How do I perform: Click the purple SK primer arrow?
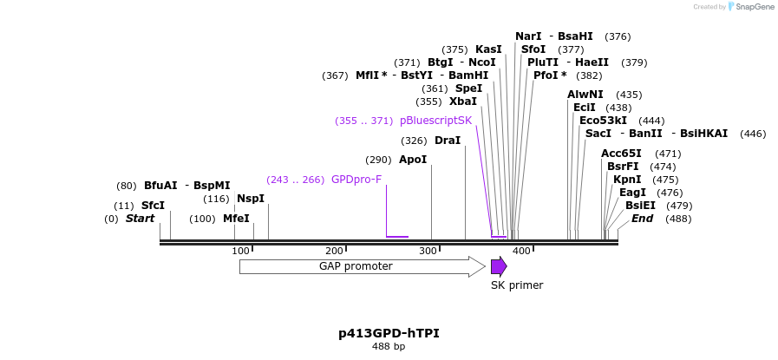pyautogui.click(x=499, y=266)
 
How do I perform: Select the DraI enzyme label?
pyautogui.click(x=448, y=141)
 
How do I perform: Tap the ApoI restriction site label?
pyautogui.click(x=413, y=160)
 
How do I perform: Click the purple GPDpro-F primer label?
pyautogui.click(x=356, y=180)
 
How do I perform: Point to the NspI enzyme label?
pyautogui.click(x=251, y=199)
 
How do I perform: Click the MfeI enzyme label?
pyautogui.click(x=236, y=219)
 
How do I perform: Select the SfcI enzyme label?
pyautogui.click(x=153, y=206)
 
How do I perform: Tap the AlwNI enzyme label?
pyautogui.click(x=585, y=95)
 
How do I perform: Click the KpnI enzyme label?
pyautogui.click(x=627, y=180)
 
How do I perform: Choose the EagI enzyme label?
pyautogui.click(x=632, y=193)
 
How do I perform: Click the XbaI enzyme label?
pyautogui.click(x=463, y=101)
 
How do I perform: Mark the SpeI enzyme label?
pyautogui.click(x=468, y=88)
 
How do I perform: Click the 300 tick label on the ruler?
pyautogui.click(x=428, y=251)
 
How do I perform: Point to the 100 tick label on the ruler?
pyautogui.click(x=240, y=251)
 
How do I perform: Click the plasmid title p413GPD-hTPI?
pyautogui.click(x=382, y=333)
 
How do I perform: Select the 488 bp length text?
pyautogui.click(x=389, y=347)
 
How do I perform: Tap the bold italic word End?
pyautogui.click(x=642, y=219)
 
